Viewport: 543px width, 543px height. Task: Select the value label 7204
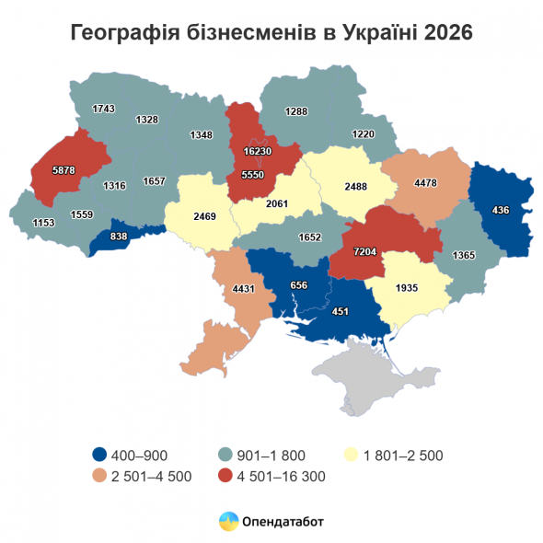click(x=367, y=250)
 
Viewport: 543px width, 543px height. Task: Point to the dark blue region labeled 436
click(x=501, y=211)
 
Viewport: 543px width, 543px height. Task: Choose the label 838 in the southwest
click(x=118, y=237)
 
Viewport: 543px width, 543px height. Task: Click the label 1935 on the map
click(x=406, y=288)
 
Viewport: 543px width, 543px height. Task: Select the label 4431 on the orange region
click(x=244, y=289)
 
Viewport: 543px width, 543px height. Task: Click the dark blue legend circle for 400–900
click(x=99, y=454)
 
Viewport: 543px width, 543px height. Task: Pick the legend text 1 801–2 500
click(x=404, y=454)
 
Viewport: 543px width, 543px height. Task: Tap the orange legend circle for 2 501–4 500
click(x=99, y=476)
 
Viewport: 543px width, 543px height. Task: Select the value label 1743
click(x=104, y=110)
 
